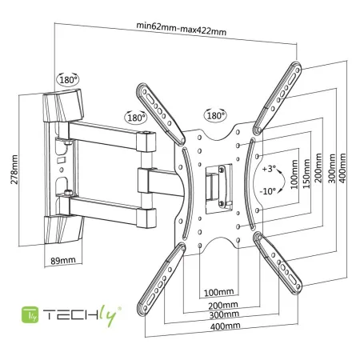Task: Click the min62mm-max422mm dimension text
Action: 181,30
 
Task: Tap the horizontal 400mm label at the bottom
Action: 224,326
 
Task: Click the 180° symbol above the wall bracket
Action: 68,80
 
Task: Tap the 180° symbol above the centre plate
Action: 214,114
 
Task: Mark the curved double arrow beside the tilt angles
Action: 258,181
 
